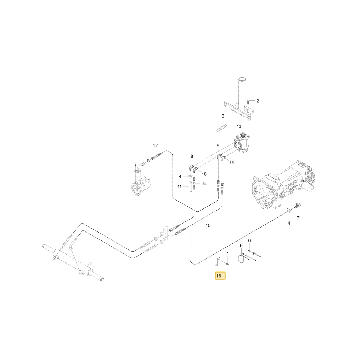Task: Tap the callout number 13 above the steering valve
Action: tap(239, 126)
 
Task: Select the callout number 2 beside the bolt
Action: tap(258, 101)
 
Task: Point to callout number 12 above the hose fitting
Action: tap(156, 145)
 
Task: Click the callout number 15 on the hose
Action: tap(208, 225)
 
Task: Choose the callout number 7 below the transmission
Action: tap(298, 218)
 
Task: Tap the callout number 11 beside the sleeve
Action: tap(180, 186)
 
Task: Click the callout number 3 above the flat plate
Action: tap(223, 116)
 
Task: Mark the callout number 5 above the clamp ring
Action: tap(241, 246)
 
